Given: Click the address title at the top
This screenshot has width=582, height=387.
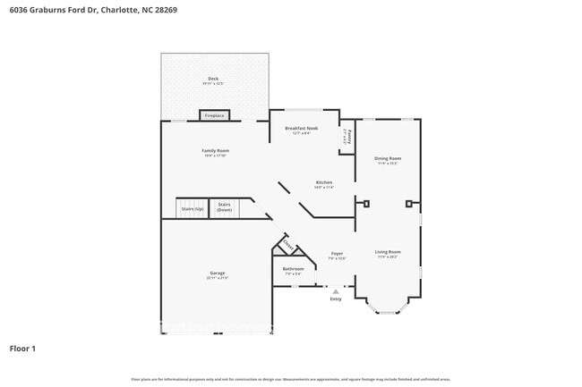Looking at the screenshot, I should [x=87, y=11].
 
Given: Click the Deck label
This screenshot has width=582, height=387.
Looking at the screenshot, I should [x=213, y=80].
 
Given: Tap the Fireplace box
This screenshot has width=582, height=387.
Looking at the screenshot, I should [x=214, y=115].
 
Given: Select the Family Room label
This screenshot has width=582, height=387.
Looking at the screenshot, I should [x=215, y=151].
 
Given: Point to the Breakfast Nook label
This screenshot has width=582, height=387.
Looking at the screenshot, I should [x=302, y=129].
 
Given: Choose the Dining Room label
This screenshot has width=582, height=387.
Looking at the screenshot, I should [x=388, y=158].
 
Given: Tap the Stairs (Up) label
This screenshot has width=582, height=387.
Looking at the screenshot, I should [x=192, y=209].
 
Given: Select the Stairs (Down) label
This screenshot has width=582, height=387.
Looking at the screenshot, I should [x=224, y=207].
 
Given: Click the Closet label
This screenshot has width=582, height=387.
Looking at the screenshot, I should [x=288, y=245].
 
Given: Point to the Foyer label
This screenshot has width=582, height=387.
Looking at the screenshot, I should [x=337, y=254].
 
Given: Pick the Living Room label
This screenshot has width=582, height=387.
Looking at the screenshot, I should [x=388, y=252].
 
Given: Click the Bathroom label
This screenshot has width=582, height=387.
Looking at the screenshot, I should [x=293, y=268].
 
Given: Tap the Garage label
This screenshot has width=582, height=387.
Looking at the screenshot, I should [x=218, y=273].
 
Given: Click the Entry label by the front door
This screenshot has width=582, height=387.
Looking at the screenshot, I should [x=336, y=299].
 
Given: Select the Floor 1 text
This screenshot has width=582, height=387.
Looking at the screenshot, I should [x=22, y=348].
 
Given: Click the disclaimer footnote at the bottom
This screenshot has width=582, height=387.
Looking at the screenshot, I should [x=290, y=380].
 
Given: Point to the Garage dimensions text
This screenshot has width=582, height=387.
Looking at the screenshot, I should [x=218, y=278].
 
